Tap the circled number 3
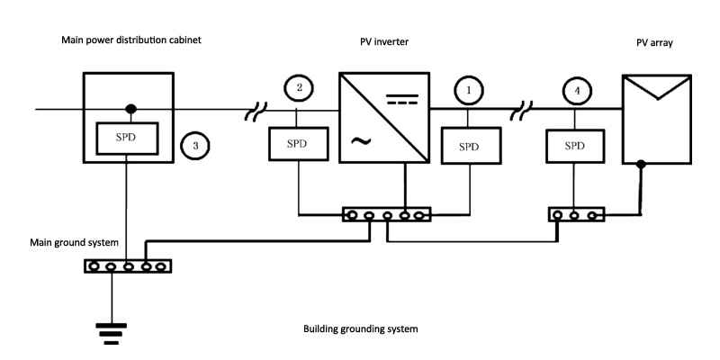[194, 144]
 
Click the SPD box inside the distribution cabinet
[127, 136]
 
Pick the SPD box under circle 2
[298, 144]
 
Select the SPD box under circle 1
[468, 144]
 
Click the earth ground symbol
[112, 335]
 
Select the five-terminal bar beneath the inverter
[387, 215]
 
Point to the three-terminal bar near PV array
[577, 215]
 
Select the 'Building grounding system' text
[361, 329]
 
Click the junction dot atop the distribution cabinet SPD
[130, 110]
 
